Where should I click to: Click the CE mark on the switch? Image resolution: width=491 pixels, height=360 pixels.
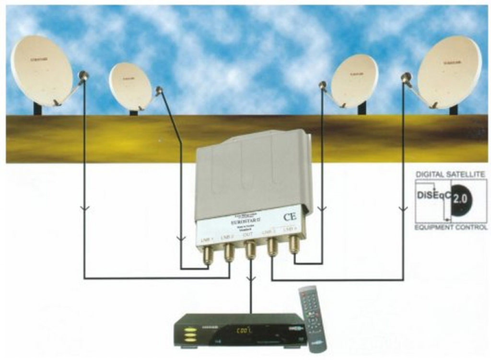pos(290,217)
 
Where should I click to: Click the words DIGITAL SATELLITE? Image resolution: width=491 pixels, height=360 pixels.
pos(450,174)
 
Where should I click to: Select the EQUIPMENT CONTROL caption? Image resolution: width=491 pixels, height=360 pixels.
pos(451,228)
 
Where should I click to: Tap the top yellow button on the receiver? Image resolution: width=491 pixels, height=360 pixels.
pos(190,330)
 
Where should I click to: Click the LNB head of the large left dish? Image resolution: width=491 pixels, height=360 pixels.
pos(83,75)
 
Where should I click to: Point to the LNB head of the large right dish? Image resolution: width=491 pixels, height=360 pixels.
pos(406,77)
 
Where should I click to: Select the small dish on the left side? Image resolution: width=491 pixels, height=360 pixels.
pos(130,86)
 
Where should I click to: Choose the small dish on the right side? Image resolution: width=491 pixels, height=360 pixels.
pos(355,81)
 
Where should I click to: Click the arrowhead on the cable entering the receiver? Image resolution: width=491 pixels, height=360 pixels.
pos(250,278)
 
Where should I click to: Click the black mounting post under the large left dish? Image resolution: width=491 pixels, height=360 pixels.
pos(37,108)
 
